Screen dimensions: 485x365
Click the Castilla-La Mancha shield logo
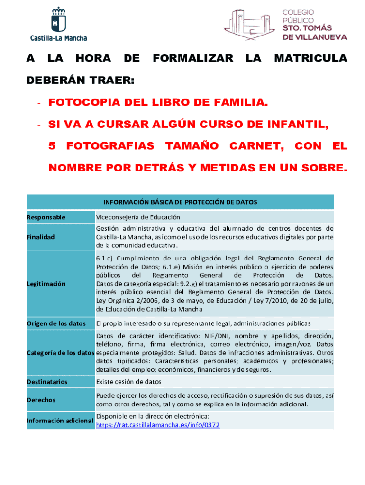click(x=59, y=20)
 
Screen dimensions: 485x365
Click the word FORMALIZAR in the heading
click(x=193, y=58)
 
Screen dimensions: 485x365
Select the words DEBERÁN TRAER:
click(x=80, y=81)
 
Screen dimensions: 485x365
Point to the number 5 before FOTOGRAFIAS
click(x=52, y=146)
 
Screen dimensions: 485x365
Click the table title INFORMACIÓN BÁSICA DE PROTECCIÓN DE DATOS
click(x=180, y=202)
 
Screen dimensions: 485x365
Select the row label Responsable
click(x=46, y=217)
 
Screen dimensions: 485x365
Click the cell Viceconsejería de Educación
click(x=138, y=217)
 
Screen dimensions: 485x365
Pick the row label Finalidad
click(x=41, y=237)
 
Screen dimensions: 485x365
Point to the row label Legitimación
click(x=46, y=284)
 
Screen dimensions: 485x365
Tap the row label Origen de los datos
click(x=56, y=323)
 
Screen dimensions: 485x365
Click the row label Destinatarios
click(x=47, y=382)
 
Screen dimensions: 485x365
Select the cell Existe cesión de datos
click(x=128, y=382)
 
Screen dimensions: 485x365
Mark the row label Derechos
click(x=41, y=400)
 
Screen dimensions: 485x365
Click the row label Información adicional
click(x=60, y=421)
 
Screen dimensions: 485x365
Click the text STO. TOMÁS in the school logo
click(x=307, y=28)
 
